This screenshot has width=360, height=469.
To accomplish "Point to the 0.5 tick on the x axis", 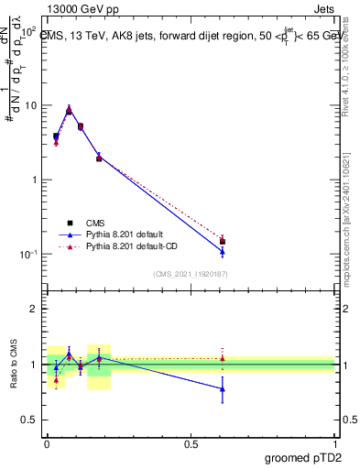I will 191,442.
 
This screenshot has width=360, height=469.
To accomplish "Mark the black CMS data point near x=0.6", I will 223,242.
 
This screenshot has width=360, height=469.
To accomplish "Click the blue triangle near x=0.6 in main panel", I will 223,251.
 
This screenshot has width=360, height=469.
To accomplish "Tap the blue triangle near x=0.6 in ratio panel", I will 223,388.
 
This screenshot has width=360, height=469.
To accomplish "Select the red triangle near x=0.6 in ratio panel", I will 223,358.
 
